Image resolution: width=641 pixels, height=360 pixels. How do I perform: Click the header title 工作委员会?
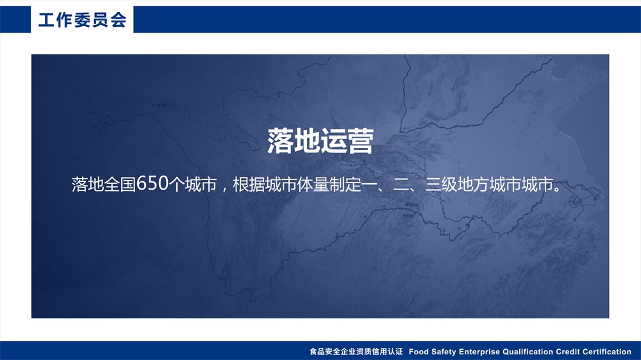pos(83,20)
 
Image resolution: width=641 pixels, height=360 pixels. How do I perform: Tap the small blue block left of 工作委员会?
pos(15,19)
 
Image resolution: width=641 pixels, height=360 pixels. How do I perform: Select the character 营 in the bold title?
pos(360,141)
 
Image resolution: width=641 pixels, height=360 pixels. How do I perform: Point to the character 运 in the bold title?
pos(333,141)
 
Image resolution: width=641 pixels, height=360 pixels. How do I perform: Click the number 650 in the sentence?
pos(153,184)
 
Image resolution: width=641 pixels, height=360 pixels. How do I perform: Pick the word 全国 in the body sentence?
pos(120,184)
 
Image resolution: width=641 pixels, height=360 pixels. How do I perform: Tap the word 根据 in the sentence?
pos(249,184)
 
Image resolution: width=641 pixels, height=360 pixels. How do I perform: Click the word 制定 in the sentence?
pos(345,184)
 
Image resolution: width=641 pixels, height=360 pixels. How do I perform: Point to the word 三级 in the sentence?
pos(441,184)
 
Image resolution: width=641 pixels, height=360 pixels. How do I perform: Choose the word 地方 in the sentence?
pos(473,184)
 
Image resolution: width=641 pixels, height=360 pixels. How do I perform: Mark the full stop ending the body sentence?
pos(557,189)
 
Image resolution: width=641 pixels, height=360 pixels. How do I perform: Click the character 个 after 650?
pos(177,184)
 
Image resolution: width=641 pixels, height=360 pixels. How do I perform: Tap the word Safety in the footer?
pos(443,352)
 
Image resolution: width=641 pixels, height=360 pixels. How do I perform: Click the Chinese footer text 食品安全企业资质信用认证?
pos(356,352)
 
